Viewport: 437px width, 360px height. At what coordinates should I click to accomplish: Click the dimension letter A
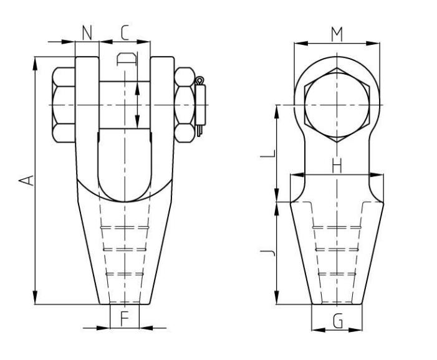(26, 180)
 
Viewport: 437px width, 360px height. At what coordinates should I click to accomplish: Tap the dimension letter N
(87, 32)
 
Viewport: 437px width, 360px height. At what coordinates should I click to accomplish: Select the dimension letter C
(125, 32)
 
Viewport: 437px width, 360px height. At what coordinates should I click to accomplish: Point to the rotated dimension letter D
(127, 59)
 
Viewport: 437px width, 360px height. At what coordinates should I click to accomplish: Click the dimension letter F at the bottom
(124, 319)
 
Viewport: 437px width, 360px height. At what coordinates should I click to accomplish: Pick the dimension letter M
(337, 34)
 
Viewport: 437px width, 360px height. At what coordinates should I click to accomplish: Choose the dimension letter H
(337, 166)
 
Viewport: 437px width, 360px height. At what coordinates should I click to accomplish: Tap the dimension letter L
(268, 153)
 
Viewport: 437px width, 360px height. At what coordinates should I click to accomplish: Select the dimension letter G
(338, 321)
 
